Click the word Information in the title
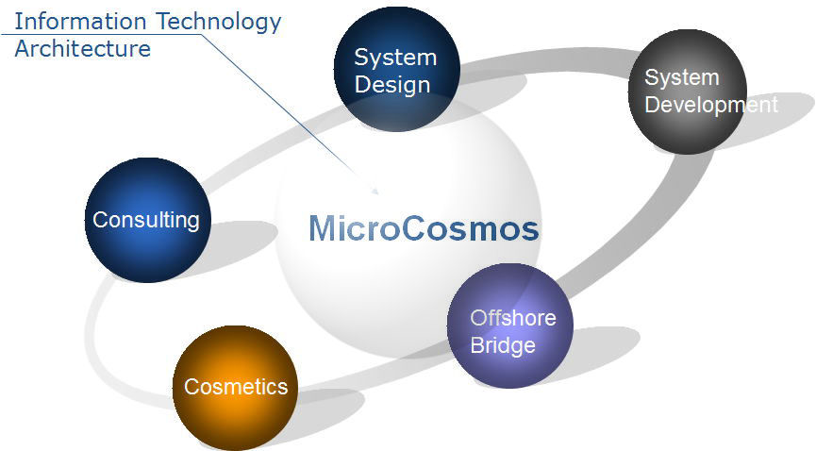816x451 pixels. pyautogui.click(x=80, y=22)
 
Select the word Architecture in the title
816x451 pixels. pyautogui.click(x=83, y=49)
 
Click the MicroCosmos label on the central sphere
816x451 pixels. pyautogui.click(x=424, y=228)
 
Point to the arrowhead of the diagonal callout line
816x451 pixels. pyautogui.click(x=375, y=190)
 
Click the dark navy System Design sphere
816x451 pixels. pyautogui.click(x=397, y=69)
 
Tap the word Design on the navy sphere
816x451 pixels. pyautogui.click(x=392, y=86)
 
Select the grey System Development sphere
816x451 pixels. pyautogui.click(x=688, y=92)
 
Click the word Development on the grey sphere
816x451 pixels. pyautogui.click(x=711, y=105)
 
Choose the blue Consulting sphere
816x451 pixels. pyautogui.click(x=148, y=220)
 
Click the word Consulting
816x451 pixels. pyautogui.click(x=146, y=220)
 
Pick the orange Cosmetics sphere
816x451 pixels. pyautogui.click(x=235, y=388)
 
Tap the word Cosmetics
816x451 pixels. pyautogui.click(x=236, y=387)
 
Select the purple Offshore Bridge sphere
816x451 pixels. pyautogui.click(x=510, y=326)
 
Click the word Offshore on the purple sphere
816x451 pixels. pyautogui.click(x=513, y=318)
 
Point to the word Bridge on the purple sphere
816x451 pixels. pyautogui.click(x=503, y=346)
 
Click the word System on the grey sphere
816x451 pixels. pyautogui.click(x=682, y=78)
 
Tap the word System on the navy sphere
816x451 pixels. pyautogui.click(x=395, y=58)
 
